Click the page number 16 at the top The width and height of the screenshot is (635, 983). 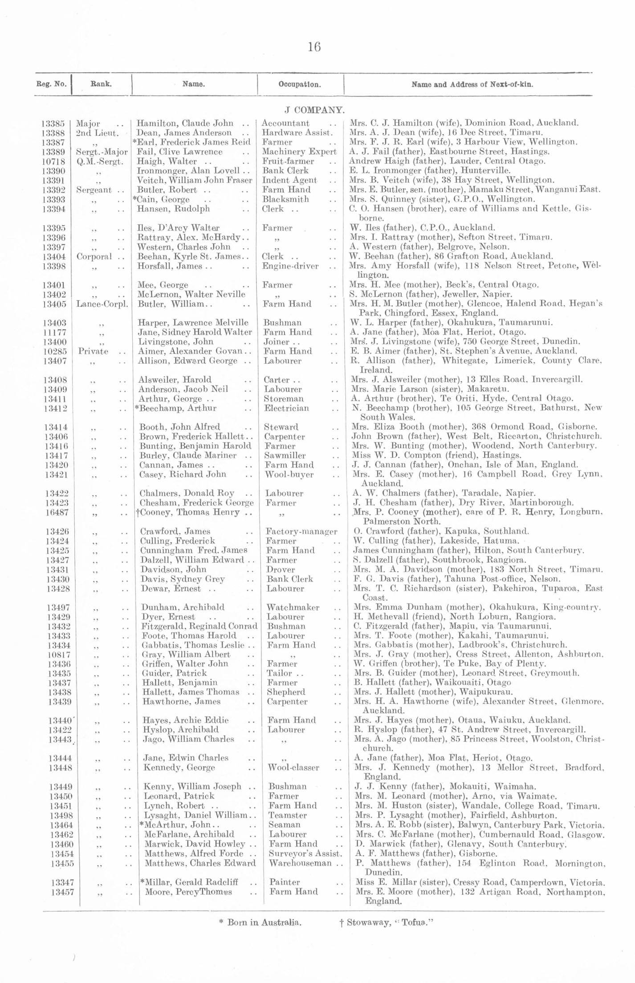(314, 47)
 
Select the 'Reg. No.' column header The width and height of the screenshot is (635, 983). (51, 84)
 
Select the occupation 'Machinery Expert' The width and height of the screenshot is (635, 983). (299, 152)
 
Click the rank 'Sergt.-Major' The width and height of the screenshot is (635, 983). (102, 152)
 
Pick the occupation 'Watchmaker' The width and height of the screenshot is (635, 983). (293, 607)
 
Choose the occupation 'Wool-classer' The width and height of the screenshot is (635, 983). (294, 768)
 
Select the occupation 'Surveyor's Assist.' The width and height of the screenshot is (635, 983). (305, 854)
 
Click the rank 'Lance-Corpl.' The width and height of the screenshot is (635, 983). (102, 304)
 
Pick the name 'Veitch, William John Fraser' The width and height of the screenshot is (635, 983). (195, 180)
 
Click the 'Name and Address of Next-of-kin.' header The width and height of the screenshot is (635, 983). (472, 84)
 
